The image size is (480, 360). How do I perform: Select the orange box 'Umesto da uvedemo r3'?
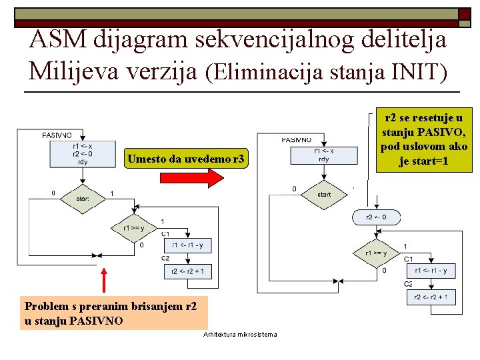187,159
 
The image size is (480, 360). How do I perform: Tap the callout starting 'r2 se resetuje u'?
423,139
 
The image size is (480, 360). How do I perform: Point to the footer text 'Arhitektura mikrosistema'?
240,334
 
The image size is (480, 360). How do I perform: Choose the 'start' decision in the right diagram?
324,194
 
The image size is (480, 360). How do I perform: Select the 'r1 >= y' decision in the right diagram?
375,253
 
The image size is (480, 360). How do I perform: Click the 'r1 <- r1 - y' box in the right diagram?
431,271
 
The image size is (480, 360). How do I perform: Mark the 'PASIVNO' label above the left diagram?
57,135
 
